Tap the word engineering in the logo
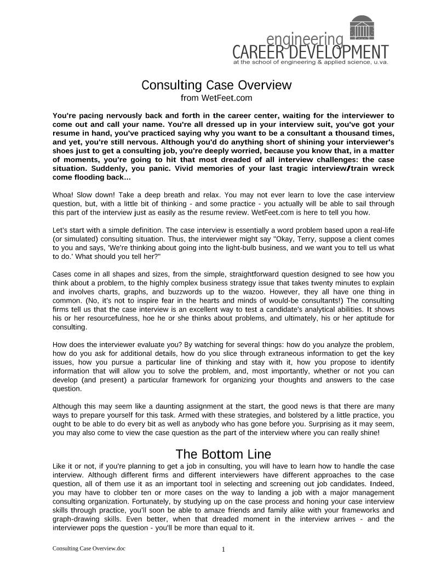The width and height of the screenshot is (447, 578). tap(305, 40)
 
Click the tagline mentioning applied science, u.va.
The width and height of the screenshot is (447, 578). tap(311, 62)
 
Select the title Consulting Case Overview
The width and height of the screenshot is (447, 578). tap(216, 85)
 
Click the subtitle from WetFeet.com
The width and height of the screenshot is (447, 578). tap(216, 98)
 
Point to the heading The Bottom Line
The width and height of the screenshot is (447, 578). tap(223, 454)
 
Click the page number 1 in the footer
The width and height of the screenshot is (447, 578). tap(224, 550)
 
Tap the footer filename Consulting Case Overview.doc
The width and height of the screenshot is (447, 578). tap(89, 548)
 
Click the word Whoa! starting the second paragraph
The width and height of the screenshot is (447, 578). tap(63, 195)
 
